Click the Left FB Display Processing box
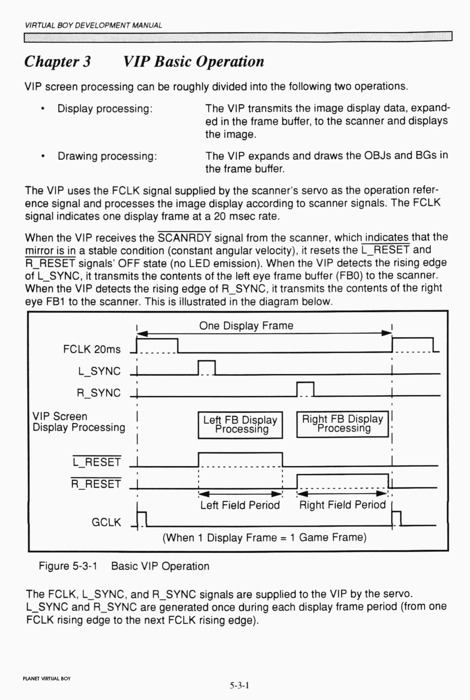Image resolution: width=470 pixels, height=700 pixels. [240, 425]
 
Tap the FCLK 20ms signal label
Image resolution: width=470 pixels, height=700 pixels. [92, 349]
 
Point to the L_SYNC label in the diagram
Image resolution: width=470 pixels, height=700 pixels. [99, 371]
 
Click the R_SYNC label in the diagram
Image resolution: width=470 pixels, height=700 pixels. [99, 393]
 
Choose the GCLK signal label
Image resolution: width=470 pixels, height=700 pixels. [106, 522]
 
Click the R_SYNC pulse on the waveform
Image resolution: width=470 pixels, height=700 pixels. [305, 389]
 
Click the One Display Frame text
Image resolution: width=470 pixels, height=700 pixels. [246, 326]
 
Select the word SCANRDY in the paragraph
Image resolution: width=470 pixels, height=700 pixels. [185, 238]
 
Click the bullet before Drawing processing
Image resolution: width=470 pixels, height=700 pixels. [43, 156]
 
